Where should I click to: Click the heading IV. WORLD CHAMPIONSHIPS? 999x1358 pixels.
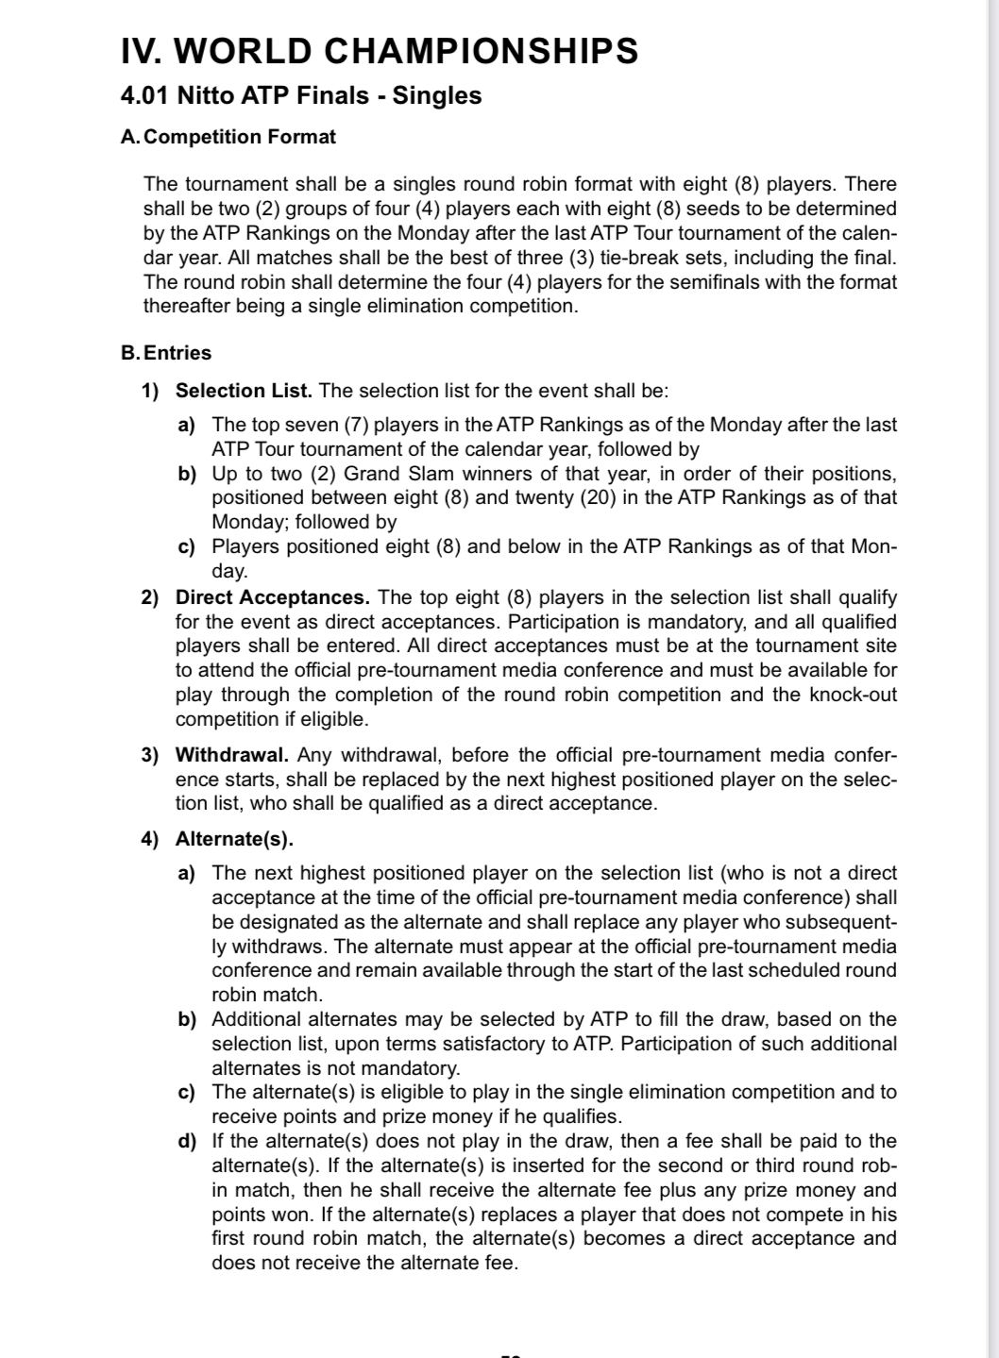click(380, 51)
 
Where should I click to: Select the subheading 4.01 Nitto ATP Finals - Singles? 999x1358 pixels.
click(301, 96)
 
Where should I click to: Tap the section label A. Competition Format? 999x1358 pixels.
click(229, 137)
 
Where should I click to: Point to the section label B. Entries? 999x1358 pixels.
click(166, 353)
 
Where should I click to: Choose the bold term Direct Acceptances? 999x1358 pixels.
click(272, 597)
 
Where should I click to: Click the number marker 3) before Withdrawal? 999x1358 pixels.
click(150, 755)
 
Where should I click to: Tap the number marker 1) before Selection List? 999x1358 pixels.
click(150, 391)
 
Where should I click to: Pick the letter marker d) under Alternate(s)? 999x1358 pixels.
click(187, 1142)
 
